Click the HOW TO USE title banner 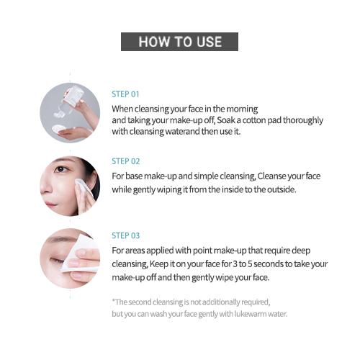pos(179,42)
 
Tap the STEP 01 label pos(125,94)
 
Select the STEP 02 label pos(126,161)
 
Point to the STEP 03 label pos(126,235)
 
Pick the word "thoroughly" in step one pos(303,120)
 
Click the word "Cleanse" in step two pos(271,176)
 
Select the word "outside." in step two pos(282,189)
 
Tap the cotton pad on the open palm pos(59,129)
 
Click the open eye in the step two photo pos(60,169)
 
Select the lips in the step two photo pos(51,204)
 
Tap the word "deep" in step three pos(301,251)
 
